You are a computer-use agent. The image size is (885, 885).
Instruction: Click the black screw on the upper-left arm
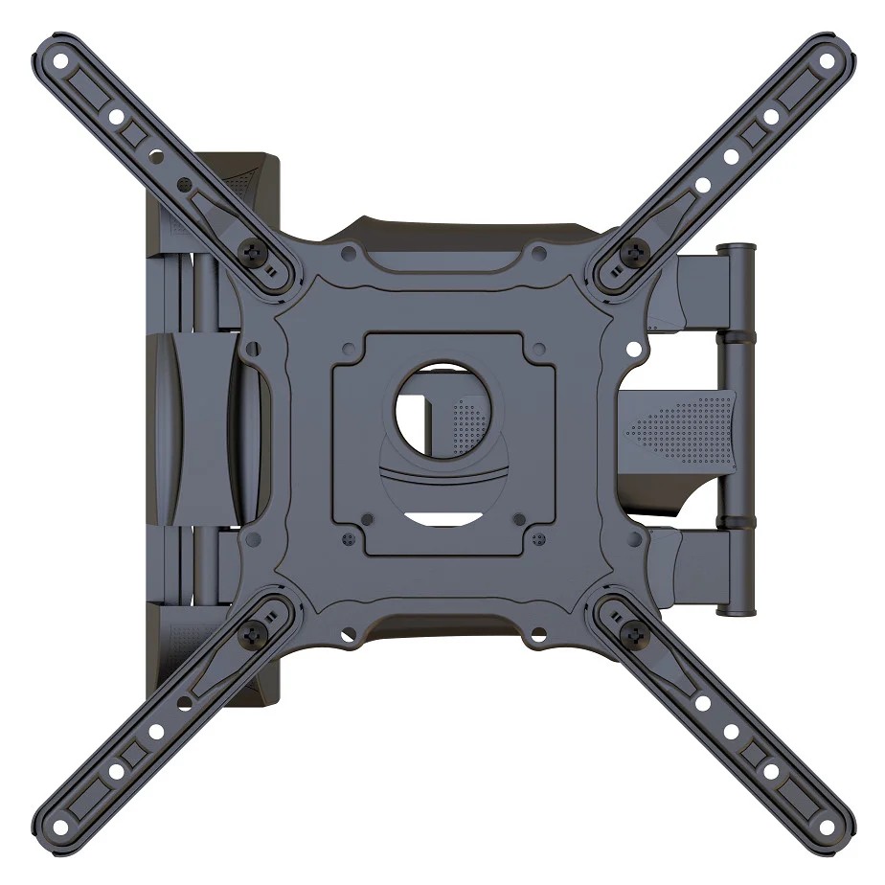254,252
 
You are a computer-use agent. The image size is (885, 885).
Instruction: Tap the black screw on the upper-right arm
631,252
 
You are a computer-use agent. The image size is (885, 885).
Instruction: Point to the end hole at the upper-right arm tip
826,59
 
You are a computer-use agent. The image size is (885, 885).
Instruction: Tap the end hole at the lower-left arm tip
60,826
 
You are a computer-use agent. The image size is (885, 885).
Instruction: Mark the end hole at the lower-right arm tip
826,826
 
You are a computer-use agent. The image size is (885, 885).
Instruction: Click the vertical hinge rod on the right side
738,431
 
